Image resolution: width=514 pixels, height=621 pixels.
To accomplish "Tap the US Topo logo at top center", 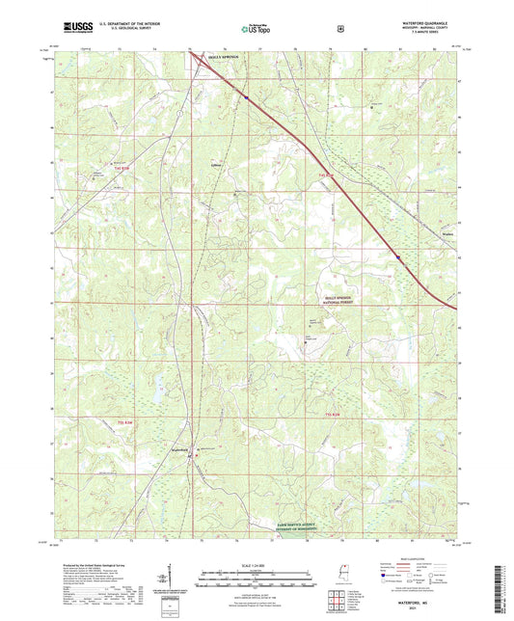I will click(x=255, y=29).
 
